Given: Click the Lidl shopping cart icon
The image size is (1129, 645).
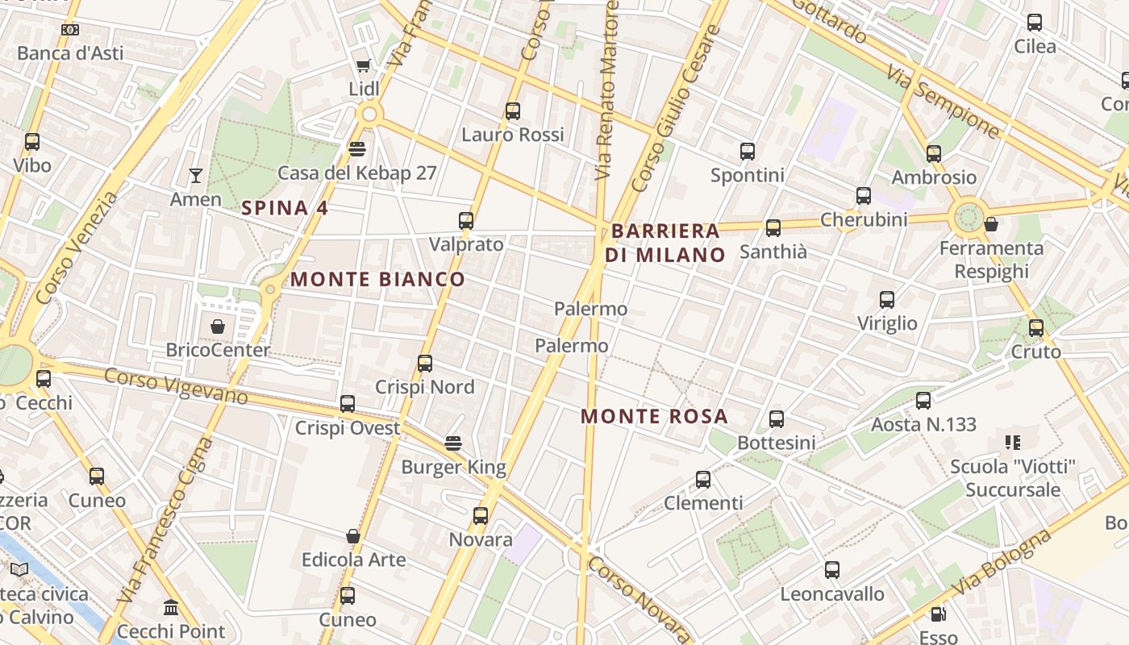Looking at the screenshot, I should coord(363,65).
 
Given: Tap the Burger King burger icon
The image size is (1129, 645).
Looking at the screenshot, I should coord(453,443).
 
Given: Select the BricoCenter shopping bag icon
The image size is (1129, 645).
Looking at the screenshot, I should coord(217,327).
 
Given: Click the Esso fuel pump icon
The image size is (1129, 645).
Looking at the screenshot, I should coord(938,614).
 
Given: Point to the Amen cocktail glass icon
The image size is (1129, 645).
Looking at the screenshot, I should coord(195,175).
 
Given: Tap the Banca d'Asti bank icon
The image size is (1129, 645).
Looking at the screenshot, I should coord(70,30).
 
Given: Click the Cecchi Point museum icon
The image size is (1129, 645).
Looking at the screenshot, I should coord(170,607).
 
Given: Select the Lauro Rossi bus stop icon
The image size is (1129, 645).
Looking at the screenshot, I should coord(512,111).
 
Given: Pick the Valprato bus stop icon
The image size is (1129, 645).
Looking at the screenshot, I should coord(465,221).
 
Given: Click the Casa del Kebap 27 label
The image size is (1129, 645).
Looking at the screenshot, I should coord(356,173).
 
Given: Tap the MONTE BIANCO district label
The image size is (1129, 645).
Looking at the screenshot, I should coord(377,280).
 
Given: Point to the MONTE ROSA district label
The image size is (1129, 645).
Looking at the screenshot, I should coord(654,417).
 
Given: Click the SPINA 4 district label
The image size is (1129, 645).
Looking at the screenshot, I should coord(285,208).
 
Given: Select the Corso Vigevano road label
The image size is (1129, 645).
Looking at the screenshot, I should coord(176,386).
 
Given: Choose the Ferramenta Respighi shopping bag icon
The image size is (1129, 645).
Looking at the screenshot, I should coord(991,224).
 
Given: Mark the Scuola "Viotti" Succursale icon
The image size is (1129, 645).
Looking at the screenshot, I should coord(1012,442).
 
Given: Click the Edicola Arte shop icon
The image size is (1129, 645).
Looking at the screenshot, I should coord(352,536).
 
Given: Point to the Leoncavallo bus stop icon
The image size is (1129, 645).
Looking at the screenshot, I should coord(831,570).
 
